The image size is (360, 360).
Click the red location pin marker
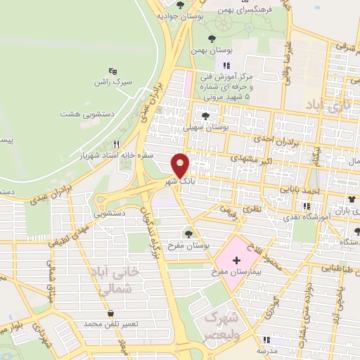click(181, 165)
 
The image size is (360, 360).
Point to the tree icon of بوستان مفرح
click(188, 233)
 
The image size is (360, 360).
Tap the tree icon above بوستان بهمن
click(213, 38)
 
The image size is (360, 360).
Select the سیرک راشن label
click(109, 82)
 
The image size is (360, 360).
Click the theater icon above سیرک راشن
click(113, 71)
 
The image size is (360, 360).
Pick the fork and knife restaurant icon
click(126, 143)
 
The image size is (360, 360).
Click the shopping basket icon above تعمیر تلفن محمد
click(110, 314)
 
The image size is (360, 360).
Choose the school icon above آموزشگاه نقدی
click(305, 206)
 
